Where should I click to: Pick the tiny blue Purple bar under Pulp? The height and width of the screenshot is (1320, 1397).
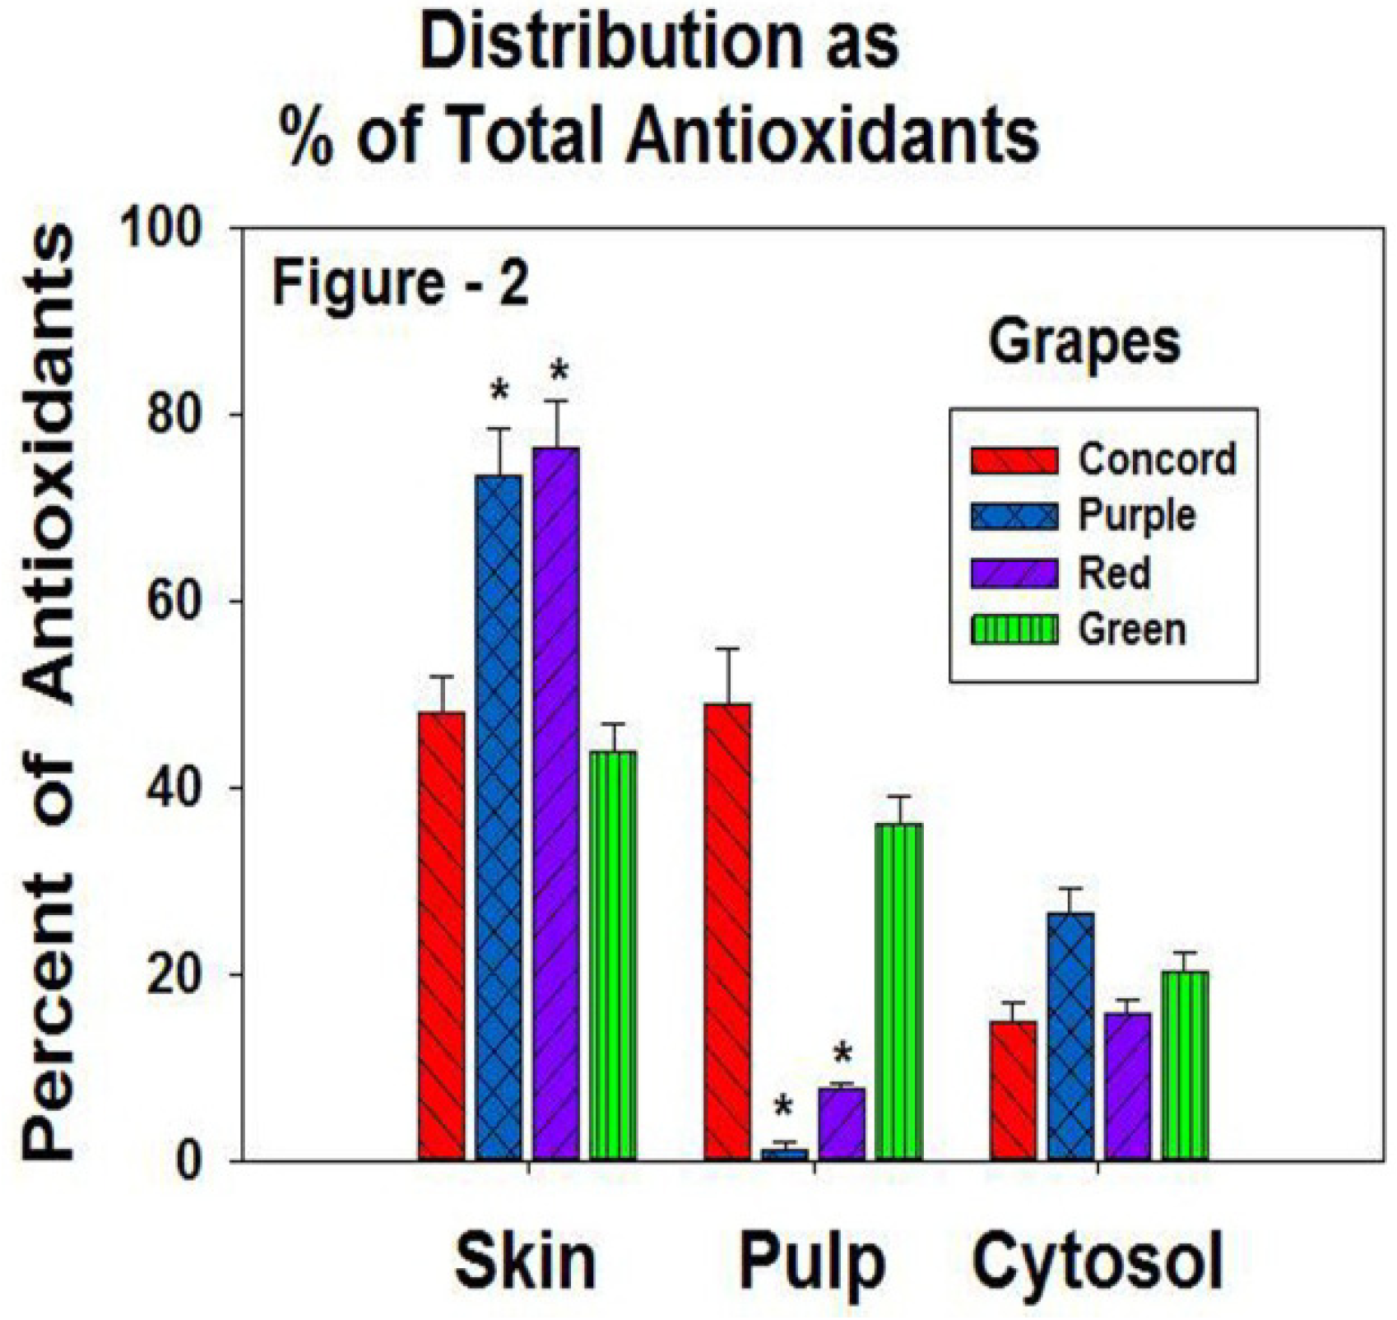point(784,1155)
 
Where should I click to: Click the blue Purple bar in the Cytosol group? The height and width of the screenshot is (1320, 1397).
point(1070,1036)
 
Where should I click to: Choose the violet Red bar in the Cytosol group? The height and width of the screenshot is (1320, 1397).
point(1127,1086)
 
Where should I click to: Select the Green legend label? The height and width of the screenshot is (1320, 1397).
point(1132,630)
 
